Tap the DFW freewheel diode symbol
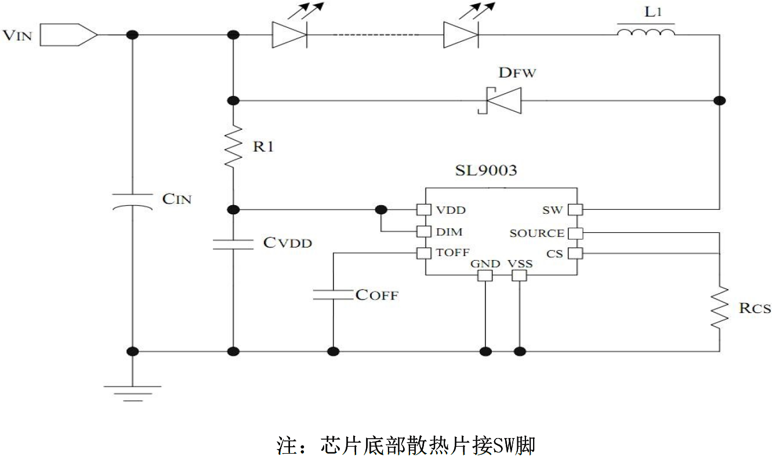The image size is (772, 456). (x=499, y=100)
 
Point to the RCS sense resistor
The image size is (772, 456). (x=719, y=307)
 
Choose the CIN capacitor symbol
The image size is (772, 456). (x=132, y=200)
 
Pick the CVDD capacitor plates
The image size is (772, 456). (x=233, y=243)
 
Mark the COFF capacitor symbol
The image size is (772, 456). (x=334, y=294)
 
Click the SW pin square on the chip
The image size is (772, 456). (x=575, y=209)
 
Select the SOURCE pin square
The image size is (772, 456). (x=575, y=233)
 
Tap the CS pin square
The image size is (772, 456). (x=575, y=253)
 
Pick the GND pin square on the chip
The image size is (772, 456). (x=485, y=275)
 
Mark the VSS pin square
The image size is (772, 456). (x=520, y=275)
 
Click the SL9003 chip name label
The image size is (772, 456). (x=485, y=172)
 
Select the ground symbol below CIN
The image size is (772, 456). (x=132, y=393)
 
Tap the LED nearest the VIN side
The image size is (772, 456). (x=289, y=35)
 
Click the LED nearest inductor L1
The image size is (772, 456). (x=461, y=35)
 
